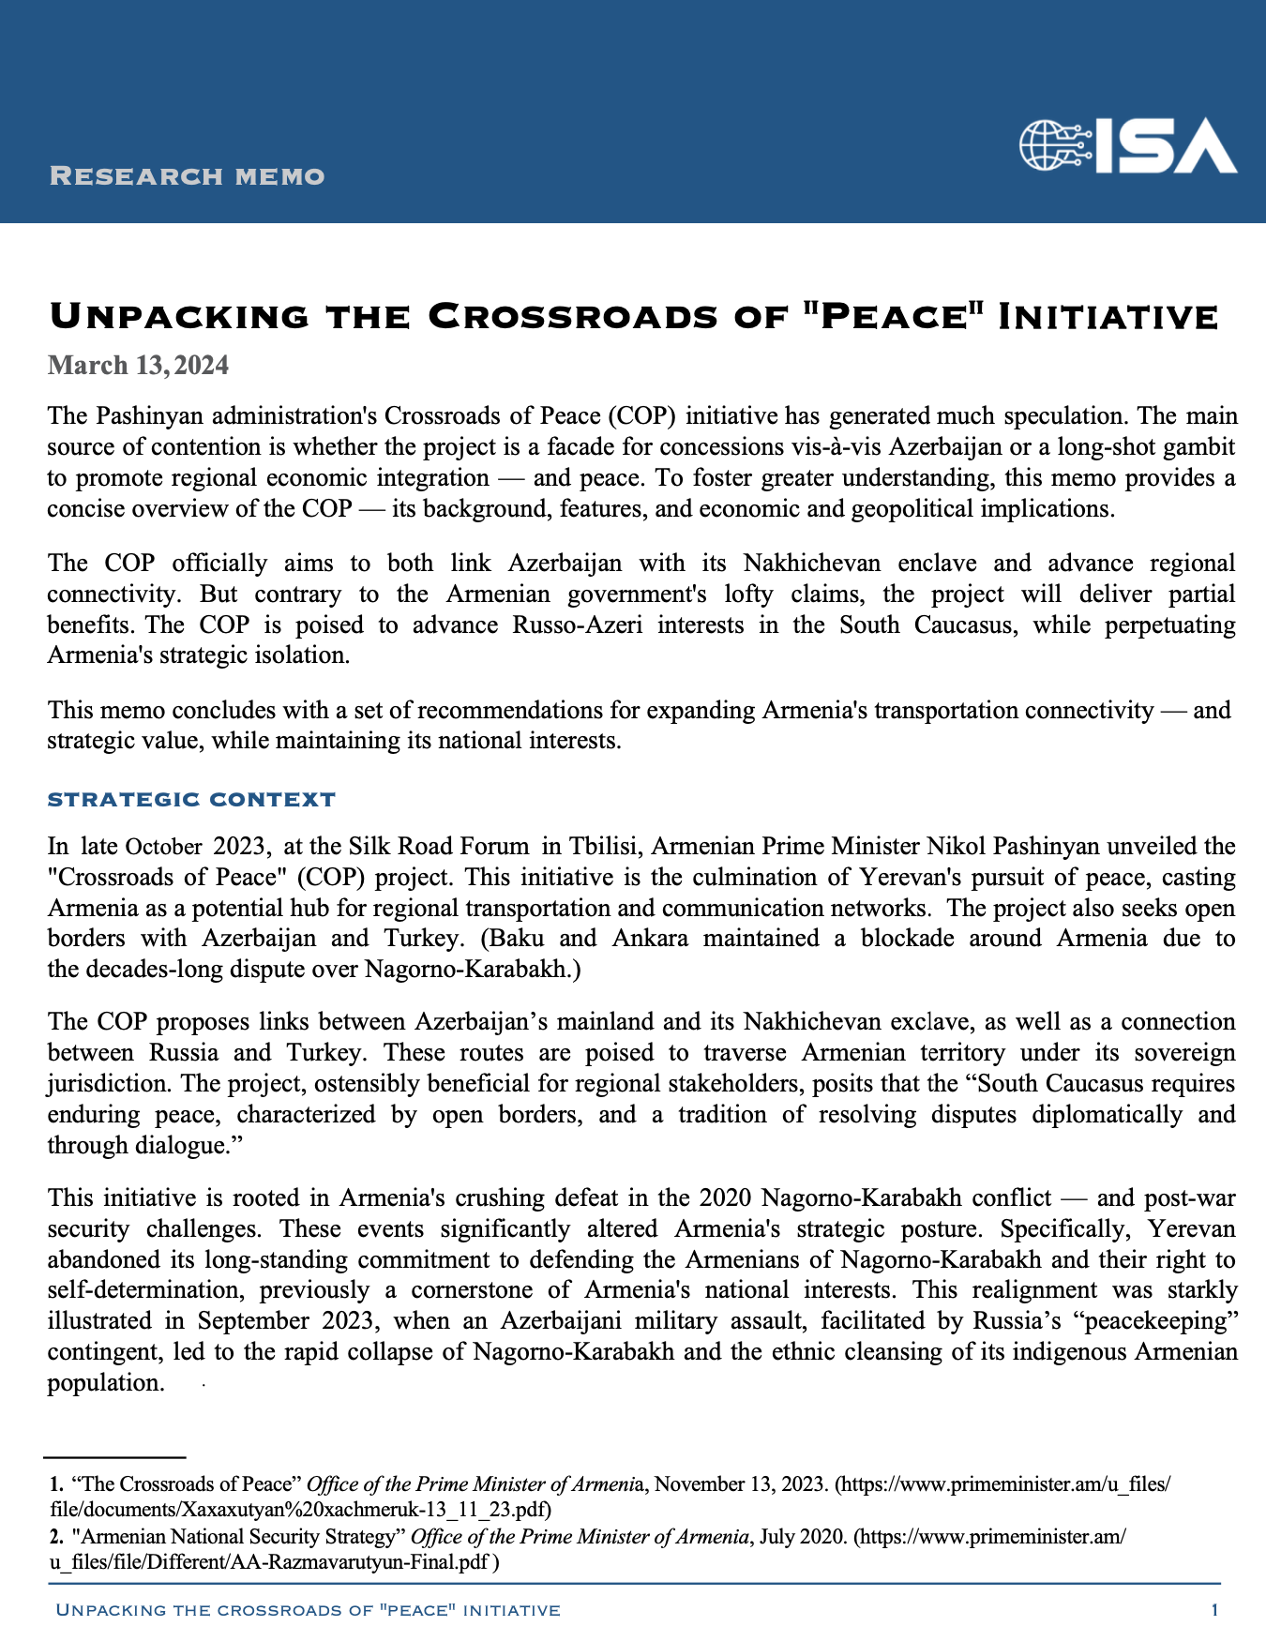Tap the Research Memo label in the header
187,176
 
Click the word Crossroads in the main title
559,317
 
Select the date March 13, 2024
138,365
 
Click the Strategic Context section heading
191,800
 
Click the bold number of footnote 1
56,1485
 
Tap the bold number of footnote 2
56,1537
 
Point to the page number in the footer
1214,1610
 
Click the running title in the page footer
309,1610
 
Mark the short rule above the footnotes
114,1457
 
